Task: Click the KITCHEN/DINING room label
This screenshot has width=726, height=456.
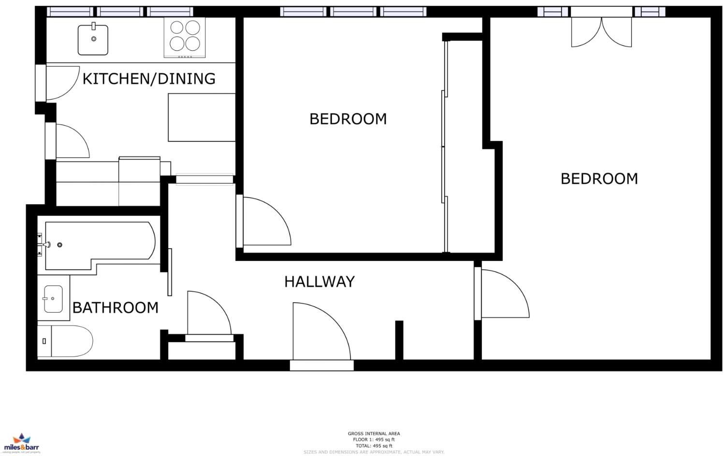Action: (x=149, y=78)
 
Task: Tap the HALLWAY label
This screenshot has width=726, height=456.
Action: (x=319, y=282)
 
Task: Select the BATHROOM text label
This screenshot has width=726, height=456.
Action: (x=116, y=307)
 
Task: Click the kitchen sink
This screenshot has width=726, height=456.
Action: (x=93, y=40)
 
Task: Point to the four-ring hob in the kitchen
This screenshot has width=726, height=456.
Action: (x=185, y=37)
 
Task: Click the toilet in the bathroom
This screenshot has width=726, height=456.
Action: (x=65, y=341)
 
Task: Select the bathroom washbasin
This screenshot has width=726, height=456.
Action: (x=53, y=299)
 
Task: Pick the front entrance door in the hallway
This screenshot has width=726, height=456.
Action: (x=321, y=333)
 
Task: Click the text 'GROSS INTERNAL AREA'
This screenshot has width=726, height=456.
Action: (x=374, y=433)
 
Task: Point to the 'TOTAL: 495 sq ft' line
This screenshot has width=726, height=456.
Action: (x=374, y=446)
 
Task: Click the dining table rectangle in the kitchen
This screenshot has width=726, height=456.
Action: (x=202, y=117)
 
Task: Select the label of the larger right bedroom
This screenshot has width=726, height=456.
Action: (x=599, y=179)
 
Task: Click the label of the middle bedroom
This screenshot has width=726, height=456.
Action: (x=348, y=119)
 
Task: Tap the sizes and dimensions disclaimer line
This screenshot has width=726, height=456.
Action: (x=374, y=452)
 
